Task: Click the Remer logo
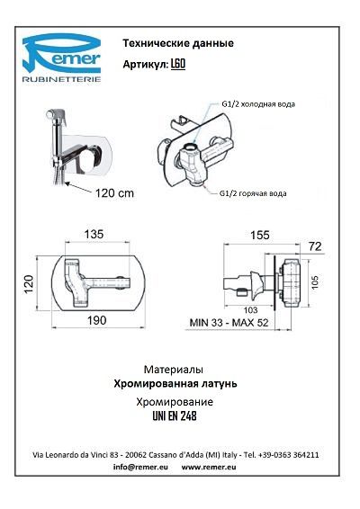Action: tap(61, 58)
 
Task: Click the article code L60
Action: tap(178, 64)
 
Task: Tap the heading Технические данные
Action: tap(178, 43)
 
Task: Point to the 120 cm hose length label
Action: tap(114, 193)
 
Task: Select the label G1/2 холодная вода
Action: tap(258, 104)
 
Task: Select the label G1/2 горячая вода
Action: tap(253, 193)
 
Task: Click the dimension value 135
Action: tap(94, 234)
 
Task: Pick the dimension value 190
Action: tap(97, 320)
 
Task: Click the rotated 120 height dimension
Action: tap(29, 283)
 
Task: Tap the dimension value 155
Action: tap(260, 235)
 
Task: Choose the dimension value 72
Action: tap(315, 246)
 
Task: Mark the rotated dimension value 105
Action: tap(315, 281)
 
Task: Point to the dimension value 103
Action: tap(250, 310)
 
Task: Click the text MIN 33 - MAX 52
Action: tap(229, 322)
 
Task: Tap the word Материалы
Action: tap(174, 370)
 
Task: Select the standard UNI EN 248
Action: tap(175, 415)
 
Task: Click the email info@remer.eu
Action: tap(140, 467)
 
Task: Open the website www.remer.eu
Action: tap(209, 467)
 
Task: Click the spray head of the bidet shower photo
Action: tap(58, 115)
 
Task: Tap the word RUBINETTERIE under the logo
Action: tap(61, 79)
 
